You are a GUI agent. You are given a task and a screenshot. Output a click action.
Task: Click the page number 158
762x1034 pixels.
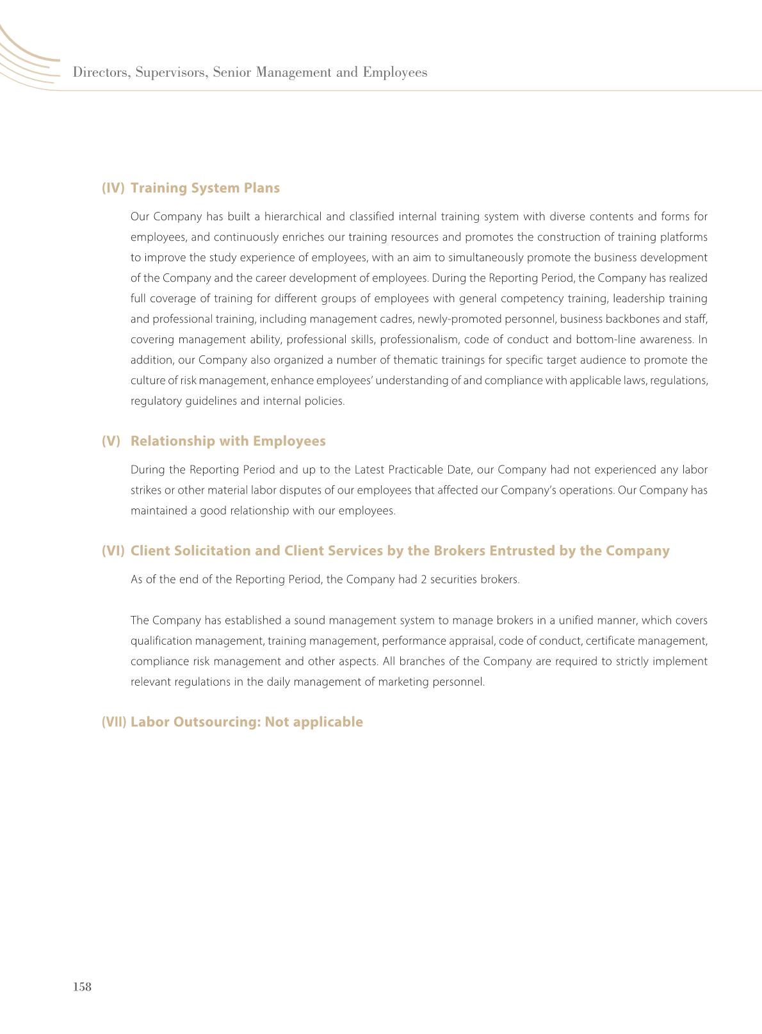(83, 987)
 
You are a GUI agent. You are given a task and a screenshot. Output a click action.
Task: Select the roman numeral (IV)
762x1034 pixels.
(113, 188)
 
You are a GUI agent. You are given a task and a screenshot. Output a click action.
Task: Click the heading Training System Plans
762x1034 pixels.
(205, 188)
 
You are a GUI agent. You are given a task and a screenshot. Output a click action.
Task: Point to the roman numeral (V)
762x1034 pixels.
(111, 441)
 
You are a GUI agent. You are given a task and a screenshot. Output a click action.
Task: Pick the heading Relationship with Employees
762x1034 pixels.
(228, 441)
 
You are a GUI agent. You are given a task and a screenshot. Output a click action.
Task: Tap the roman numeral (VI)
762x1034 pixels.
(113, 551)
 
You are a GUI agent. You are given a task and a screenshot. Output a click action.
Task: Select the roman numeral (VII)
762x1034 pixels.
(114, 722)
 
